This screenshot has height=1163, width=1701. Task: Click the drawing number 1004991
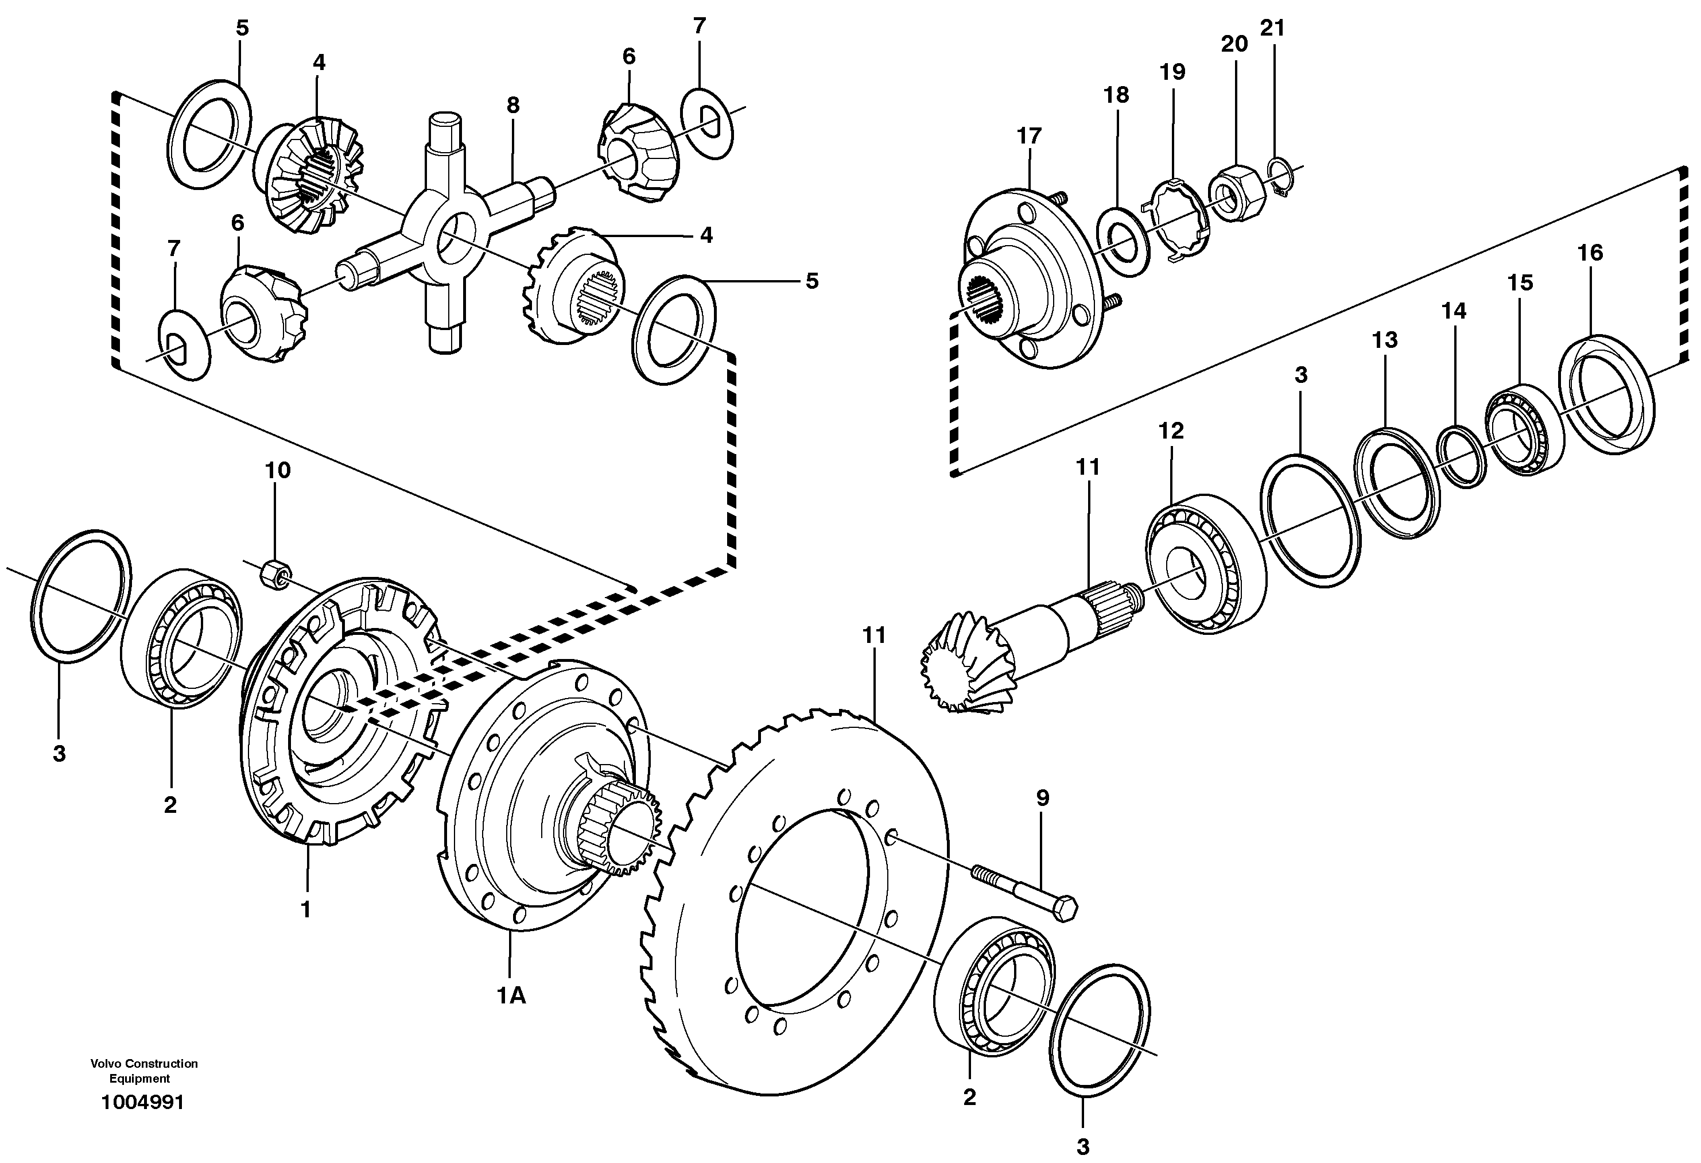pyautogui.click(x=143, y=1102)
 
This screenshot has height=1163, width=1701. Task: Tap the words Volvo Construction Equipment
pyautogui.click(x=144, y=1071)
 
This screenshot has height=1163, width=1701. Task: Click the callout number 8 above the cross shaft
pyautogui.click(x=512, y=106)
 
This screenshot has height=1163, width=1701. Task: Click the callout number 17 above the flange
pyautogui.click(x=1028, y=136)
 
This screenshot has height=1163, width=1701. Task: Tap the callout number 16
pyautogui.click(x=1590, y=253)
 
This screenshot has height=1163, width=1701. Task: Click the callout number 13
pyautogui.click(x=1384, y=340)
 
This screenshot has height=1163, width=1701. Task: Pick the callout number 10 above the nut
pyautogui.click(x=277, y=470)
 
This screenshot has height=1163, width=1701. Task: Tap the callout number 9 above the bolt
pyautogui.click(x=1042, y=798)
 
